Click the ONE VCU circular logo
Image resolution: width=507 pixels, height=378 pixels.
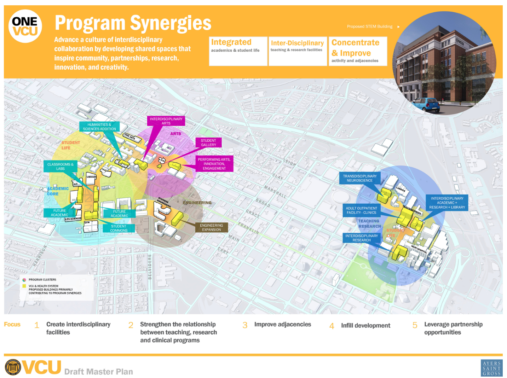coord(25,27)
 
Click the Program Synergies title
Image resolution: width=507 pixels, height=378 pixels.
coord(133,23)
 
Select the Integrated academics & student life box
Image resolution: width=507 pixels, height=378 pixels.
coord(238,51)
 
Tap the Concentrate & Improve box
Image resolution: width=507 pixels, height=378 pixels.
coord(357,51)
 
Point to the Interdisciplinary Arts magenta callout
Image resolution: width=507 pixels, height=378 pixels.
coord(166,121)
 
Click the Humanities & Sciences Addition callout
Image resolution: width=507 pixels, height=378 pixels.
coord(99,127)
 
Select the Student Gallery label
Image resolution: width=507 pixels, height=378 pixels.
coord(208,143)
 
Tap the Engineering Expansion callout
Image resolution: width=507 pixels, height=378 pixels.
coord(211,227)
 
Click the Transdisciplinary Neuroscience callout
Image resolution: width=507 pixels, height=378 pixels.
coord(359,178)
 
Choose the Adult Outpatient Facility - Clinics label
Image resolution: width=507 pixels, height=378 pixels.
coord(361,210)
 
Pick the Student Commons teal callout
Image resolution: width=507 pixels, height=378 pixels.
coord(119,228)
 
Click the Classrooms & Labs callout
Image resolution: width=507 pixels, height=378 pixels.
coord(60,167)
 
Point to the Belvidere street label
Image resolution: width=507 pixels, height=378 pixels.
coord(150,267)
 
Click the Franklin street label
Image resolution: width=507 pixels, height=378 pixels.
coord(248,228)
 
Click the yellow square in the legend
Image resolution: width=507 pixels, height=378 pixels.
coord(24,286)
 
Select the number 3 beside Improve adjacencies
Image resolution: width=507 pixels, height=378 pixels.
coord(245,325)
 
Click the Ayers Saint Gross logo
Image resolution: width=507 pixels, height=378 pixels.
coord(491,368)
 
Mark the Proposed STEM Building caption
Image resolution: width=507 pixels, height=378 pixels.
coord(369,27)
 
